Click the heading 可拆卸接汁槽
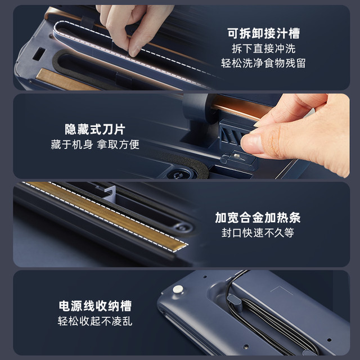(264, 34)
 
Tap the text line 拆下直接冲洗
(264, 49)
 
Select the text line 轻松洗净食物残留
(263, 63)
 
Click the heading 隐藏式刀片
(95, 129)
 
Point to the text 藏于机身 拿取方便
(95, 145)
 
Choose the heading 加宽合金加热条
(258, 218)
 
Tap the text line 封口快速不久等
(258, 233)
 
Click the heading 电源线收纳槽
(95, 306)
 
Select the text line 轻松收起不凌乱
(95, 321)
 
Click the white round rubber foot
(178, 289)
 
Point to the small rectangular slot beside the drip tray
(39, 54)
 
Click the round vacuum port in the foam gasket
(179, 175)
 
